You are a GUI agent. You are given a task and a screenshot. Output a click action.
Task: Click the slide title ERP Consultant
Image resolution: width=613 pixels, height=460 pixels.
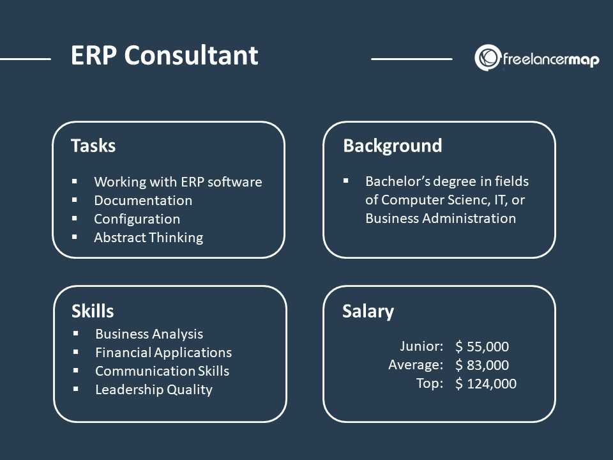click(164, 55)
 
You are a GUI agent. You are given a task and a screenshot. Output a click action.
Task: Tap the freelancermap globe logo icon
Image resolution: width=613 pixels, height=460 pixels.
click(487, 58)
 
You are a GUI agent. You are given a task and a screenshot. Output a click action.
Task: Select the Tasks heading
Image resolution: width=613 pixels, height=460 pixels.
click(93, 146)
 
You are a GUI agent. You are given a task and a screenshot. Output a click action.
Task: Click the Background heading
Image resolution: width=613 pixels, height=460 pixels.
click(393, 146)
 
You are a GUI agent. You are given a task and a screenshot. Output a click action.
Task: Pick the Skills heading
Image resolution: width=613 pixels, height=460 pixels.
click(93, 311)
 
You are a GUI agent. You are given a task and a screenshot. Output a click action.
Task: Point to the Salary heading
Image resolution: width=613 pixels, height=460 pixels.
click(368, 312)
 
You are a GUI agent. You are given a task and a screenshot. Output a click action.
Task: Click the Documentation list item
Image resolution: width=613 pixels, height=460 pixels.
click(143, 200)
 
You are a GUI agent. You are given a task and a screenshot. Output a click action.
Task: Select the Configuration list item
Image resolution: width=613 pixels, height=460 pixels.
click(137, 219)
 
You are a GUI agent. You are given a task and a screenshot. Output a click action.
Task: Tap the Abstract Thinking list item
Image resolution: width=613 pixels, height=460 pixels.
click(149, 238)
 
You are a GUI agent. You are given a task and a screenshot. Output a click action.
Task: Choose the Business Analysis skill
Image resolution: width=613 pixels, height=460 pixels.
click(149, 334)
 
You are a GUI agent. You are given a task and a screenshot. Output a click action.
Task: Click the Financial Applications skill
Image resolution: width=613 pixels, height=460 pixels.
click(163, 353)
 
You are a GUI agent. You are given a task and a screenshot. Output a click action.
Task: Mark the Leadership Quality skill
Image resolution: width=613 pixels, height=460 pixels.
click(154, 390)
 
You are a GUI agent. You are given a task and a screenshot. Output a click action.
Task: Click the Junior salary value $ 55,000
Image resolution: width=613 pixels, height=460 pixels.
click(482, 346)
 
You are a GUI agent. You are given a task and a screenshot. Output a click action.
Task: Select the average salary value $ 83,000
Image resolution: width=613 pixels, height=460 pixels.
click(482, 365)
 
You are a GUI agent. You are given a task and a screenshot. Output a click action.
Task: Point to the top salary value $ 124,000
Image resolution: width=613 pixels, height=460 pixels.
click(486, 384)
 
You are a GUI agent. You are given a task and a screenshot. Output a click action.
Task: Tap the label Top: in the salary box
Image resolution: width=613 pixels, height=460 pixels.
click(430, 383)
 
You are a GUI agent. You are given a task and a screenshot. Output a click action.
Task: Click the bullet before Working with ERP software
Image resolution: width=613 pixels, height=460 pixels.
click(75, 181)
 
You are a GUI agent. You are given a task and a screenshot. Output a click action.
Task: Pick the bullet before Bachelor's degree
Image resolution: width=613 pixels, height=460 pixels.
click(346, 181)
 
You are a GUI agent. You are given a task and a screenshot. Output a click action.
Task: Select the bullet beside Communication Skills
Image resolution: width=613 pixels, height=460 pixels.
click(76, 371)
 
